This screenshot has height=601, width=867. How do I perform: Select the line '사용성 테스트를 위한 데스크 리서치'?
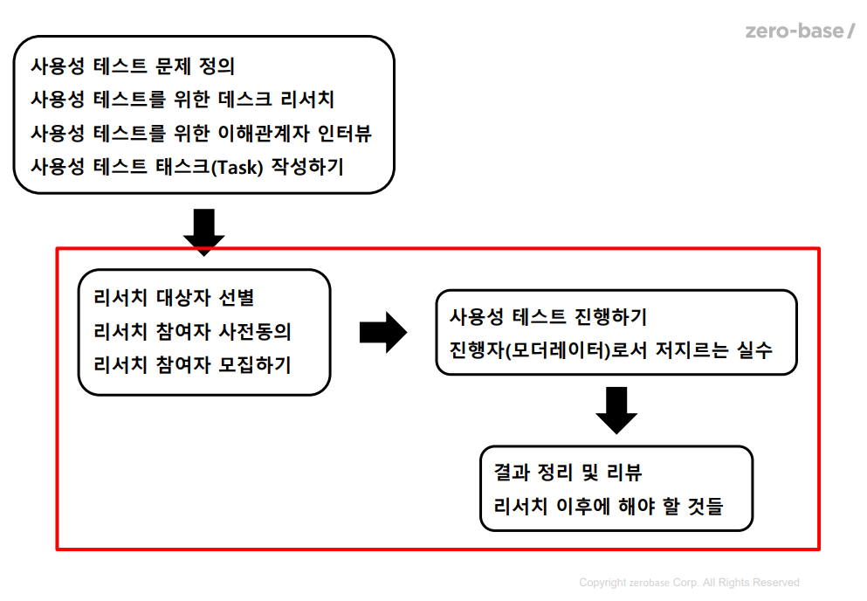click(x=182, y=100)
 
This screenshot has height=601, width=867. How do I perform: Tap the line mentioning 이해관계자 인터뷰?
click(x=201, y=133)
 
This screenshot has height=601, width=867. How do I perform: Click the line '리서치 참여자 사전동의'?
click(x=191, y=332)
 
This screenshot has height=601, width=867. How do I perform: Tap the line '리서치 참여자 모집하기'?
click(x=191, y=365)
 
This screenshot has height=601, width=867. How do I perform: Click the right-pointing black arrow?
click(x=383, y=332)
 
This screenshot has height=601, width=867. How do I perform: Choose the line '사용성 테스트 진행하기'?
click(x=547, y=315)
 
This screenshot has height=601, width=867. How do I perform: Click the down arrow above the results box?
click(x=617, y=410)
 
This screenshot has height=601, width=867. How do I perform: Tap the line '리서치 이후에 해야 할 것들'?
click(x=609, y=506)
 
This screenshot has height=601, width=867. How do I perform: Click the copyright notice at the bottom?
click(x=689, y=583)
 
